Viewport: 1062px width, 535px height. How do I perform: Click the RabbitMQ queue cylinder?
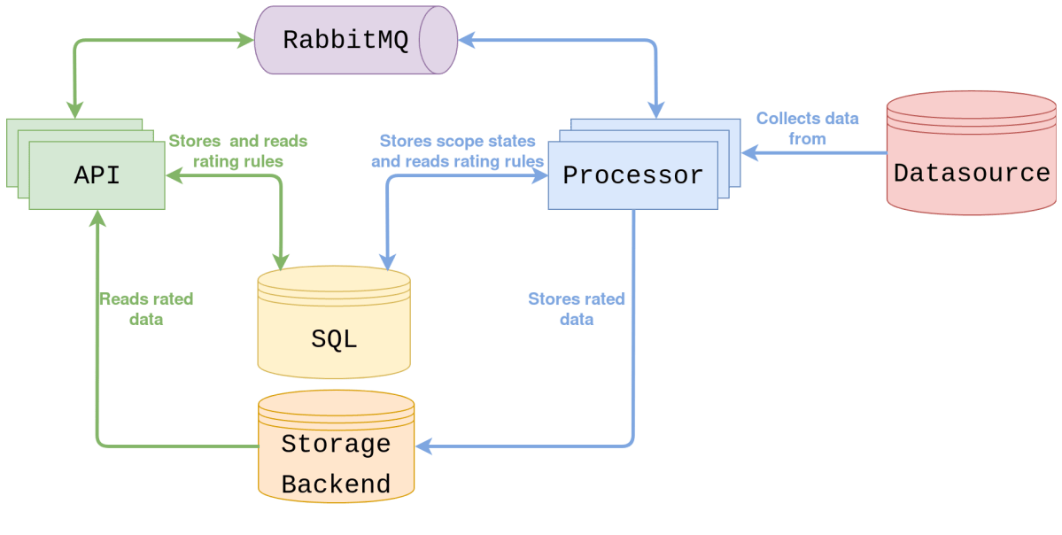pyautogui.click(x=354, y=41)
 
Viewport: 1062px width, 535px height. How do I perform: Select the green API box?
pyautogui.click(x=97, y=175)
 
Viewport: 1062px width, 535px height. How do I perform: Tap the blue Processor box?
pyautogui.click(x=632, y=175)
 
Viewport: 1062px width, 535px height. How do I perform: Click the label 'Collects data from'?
pyautogui.click(x=807, y=128)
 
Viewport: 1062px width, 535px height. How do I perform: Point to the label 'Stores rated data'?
pyautogui.click(x=576, y=308)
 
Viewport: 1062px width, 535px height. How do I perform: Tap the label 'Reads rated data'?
pyautogui.click(x=145, y=308)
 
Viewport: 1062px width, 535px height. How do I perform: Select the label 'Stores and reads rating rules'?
pyautogui.click(x=238, y=151)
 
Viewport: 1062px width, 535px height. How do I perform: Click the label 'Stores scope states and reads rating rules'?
pyautogui.click(x=457, y=151)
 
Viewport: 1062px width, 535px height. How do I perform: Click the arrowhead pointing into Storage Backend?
pyautogui.click(x=422, y=446)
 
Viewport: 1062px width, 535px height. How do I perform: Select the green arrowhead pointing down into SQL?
pyautogui.click(x=281, y=261)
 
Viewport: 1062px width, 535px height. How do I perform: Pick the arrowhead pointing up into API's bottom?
pyautogui.click(x=97, y=219)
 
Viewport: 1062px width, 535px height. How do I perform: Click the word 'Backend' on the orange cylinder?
pyautogui.click(x=336, y=485)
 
